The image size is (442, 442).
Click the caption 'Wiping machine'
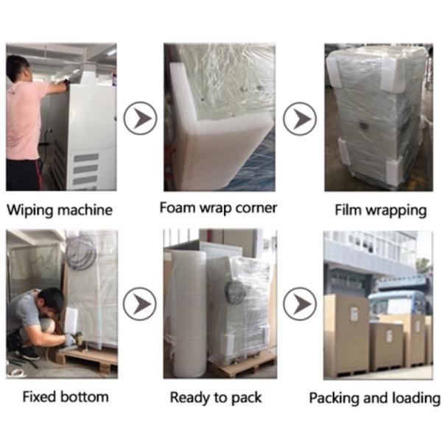click(x=60, y=210)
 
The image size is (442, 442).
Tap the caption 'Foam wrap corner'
click(x=218, y=208)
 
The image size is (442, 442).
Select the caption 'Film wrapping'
click(x=381, y=211)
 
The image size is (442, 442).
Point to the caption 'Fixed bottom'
click(x=66, y=396)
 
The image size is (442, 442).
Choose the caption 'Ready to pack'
click(x=216, y=398)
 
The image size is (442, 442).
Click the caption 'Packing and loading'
click(x=375, y=398)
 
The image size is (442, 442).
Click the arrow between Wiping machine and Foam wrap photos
click(x=140, y=118)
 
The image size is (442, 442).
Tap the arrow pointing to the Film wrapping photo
click(x=300, y=119)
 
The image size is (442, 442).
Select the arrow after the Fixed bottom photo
click(x=140, y=304)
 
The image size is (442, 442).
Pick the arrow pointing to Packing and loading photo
click(x=300, y=304)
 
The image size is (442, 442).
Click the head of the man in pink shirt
click(x=18, y=69)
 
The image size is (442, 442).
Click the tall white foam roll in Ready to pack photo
click(x=189, y=315)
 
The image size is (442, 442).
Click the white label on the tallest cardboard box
click(x=354, y=314)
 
